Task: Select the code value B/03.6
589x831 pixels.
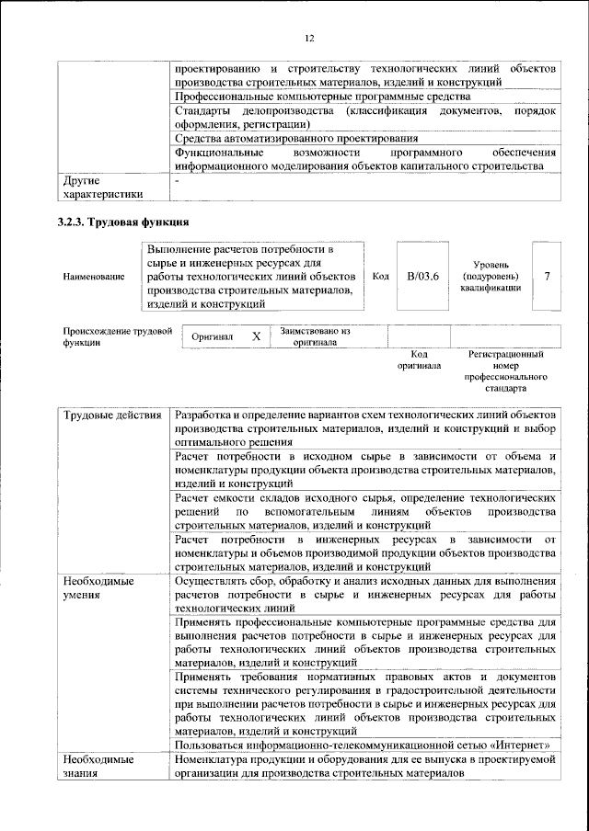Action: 422,276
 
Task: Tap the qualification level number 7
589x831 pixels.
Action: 547,276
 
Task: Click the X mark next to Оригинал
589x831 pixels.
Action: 257,336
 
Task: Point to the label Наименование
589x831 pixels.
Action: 94,276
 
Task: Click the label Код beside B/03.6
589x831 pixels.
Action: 380,276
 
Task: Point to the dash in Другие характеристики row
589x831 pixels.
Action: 178,182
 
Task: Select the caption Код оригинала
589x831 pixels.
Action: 419,359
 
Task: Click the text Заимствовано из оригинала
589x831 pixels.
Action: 315,336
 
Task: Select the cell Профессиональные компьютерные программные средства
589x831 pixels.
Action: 322,96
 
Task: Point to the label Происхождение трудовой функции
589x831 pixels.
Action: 118,336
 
